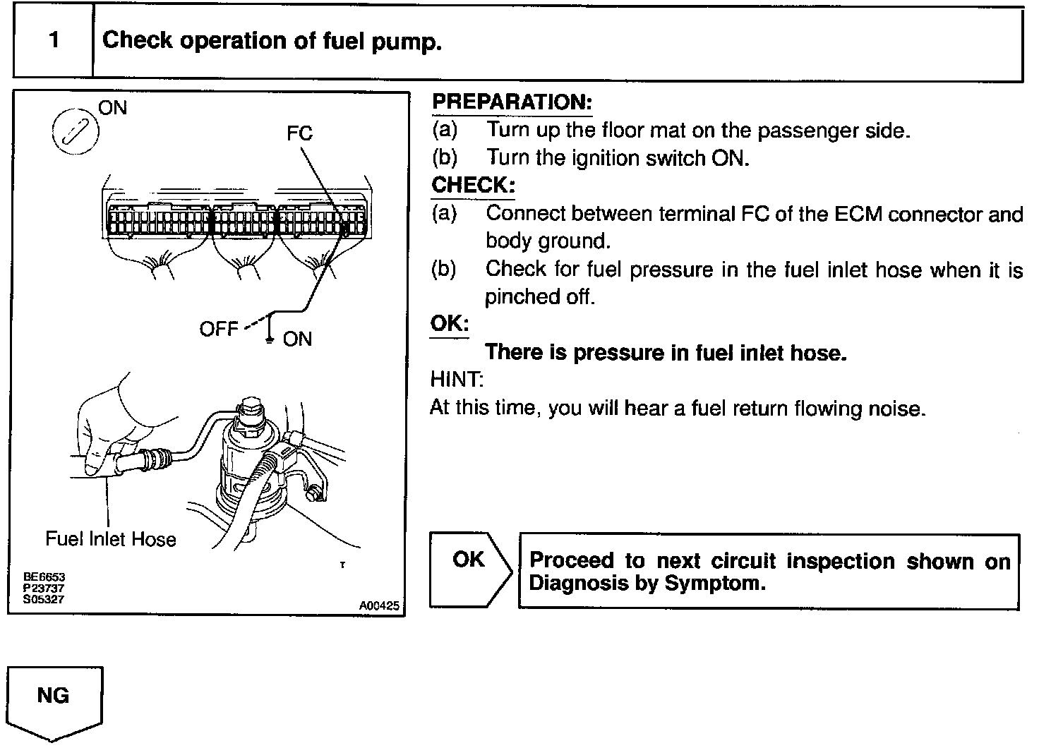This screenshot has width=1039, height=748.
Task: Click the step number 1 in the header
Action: pos(54,40)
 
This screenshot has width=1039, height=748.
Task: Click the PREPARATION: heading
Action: pos(512,102)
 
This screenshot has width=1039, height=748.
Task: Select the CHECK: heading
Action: pos(473,186)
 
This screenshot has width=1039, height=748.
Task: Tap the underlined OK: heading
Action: pos(450,324)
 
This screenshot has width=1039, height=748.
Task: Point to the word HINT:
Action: pos(457,380)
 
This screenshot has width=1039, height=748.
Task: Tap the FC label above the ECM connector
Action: pos(299,133)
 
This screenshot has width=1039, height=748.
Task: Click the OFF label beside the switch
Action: pos(219,330)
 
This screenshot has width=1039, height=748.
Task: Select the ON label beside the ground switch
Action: pos(297,339)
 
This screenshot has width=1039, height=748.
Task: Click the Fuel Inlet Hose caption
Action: pos(111,539)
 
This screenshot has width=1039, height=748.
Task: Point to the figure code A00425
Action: pos(379,605)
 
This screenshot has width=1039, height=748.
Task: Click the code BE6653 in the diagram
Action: pos(44,577)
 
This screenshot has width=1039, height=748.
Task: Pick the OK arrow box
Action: pos(470,569)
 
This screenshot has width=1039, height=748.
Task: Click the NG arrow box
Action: pos(54,701)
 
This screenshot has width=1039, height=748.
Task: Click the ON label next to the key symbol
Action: pos(113,108)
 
